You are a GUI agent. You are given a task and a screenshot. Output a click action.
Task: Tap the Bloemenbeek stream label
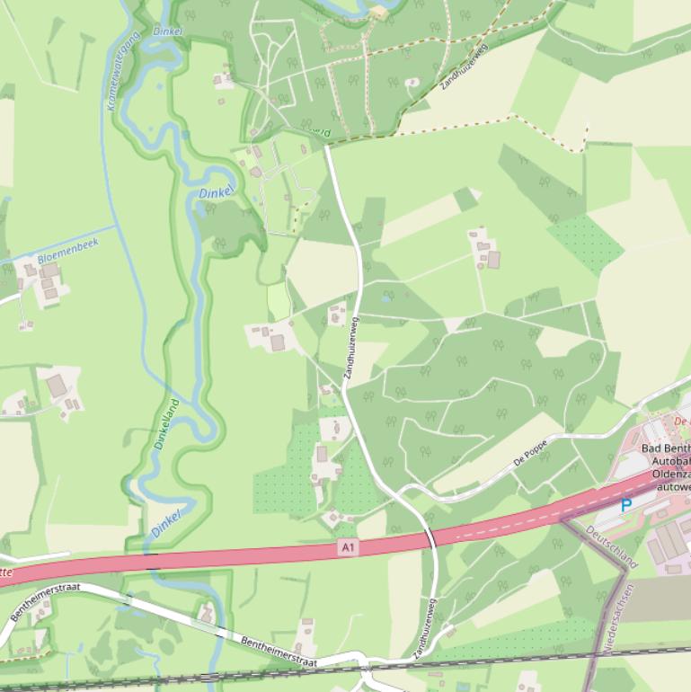[x=67, y=251]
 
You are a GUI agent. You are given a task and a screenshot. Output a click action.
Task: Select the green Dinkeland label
[x=166, y=423]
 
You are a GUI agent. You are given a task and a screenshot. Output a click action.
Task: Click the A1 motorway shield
[x=348, y=546]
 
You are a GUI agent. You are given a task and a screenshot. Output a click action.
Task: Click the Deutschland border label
[x=611, y=546]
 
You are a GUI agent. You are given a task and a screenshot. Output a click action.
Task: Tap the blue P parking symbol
[x=626, y=505]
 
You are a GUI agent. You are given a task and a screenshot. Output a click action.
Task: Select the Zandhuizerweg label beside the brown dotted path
[x=463, y=66]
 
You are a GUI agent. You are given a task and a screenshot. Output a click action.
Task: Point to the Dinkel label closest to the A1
[x=166, y=522]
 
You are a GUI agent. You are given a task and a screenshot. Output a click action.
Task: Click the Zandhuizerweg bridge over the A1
[x=430, y=538]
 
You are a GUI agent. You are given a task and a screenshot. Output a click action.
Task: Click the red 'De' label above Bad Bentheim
[x=681, y=421]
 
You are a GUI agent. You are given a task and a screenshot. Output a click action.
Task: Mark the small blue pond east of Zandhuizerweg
[x=385, y=297]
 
